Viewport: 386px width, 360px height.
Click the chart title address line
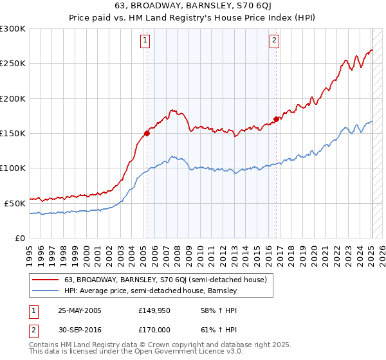192,7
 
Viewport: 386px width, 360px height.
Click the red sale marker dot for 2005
147,134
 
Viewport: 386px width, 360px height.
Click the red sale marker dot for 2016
276,119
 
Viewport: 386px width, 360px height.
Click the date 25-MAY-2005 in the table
80,310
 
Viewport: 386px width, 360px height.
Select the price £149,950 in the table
154,310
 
